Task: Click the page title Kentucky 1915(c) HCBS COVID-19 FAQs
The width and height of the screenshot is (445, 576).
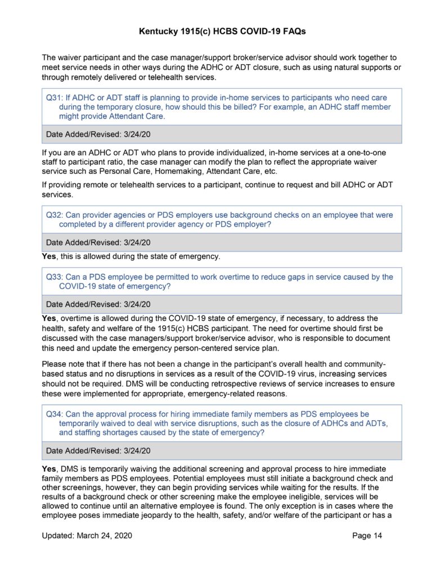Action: click(x=222, y=32)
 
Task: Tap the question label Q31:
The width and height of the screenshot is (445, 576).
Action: click(x=55, y=97)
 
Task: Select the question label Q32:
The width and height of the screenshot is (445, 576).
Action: click(x=55, y=215)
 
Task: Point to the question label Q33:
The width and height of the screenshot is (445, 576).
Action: click(x=55, y=277)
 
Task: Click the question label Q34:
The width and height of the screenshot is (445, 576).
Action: click(x=55, y=414)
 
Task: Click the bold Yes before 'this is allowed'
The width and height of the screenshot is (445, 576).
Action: click(x=49, y=256)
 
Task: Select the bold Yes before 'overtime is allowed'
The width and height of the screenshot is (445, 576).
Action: click(x=49, y=318)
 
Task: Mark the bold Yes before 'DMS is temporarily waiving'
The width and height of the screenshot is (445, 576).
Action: click(x=49, y=468)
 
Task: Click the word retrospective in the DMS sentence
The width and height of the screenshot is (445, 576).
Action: click(x=254, y=384)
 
